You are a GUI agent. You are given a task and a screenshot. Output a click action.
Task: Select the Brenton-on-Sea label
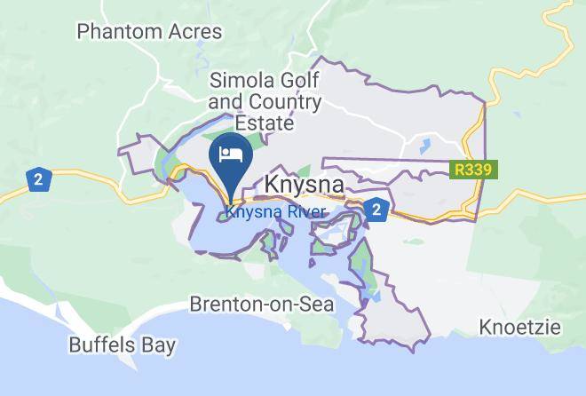click(x=262, y=305)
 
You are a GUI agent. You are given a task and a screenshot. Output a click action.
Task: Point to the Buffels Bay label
click(x=123, y=345)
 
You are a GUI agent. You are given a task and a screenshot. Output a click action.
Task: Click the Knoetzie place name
click(x=520, y=327)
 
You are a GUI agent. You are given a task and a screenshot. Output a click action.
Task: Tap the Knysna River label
click(x=275, y=212)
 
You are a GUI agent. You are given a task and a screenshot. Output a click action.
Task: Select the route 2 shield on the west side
click(x=37, y=178)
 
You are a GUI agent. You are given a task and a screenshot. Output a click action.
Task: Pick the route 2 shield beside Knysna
click(x=376, y=210)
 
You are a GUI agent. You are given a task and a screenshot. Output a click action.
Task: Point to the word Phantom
click(x=118, y=32)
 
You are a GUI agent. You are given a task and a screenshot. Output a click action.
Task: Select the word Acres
click(x=193, y=32)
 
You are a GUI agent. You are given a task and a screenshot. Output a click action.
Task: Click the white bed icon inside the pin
click(x=231, y=153)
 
